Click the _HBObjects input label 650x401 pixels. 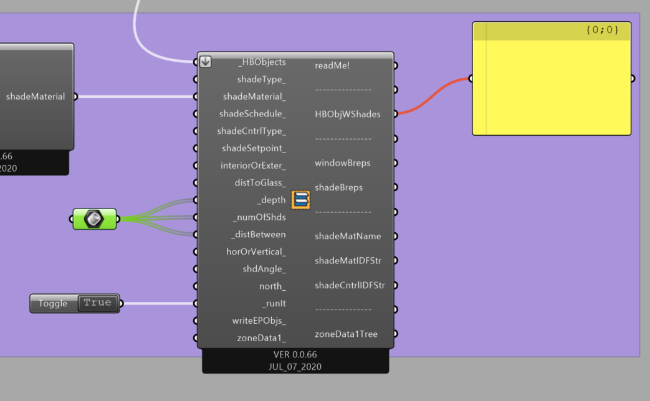(262, 62)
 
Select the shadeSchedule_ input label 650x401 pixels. (252, 113)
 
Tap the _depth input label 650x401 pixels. (271, 200)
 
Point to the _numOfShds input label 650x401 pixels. (259, 217)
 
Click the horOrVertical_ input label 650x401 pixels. (256, 252)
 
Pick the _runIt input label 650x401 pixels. (274, 304)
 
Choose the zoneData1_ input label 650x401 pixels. (261, 338)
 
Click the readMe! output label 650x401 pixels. (332, 65)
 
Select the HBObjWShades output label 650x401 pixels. (347, 115)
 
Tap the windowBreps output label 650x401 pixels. (342, 163)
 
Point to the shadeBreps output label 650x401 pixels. (338, 187)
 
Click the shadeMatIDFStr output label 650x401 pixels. (348, 260)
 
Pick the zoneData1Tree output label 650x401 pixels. (346, 334)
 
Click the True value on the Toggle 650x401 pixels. (98, 303)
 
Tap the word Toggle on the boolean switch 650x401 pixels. (52, 304)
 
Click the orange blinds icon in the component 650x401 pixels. (300, 200)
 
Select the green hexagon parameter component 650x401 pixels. (95, 219)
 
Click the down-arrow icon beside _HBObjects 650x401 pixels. (206, 62)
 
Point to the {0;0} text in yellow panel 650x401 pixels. (603, 30)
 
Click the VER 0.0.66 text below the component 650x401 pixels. (295, 354)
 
